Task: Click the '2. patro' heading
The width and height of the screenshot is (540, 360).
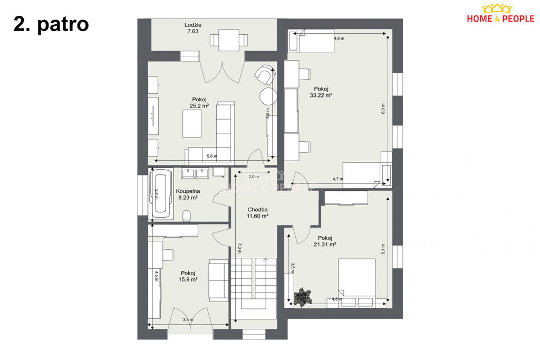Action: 51,24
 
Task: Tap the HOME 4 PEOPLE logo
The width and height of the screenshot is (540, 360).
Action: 500,14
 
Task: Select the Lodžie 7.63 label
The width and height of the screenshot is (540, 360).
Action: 193,28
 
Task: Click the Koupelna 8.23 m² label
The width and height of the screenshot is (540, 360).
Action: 188,194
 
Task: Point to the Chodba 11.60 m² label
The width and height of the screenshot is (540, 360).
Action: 257,213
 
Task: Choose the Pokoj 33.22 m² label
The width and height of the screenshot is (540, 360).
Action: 321,92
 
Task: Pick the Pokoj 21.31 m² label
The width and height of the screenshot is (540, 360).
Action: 325,241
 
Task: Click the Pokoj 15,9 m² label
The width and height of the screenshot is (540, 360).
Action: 188,276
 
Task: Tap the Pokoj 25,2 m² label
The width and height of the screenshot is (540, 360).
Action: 199,103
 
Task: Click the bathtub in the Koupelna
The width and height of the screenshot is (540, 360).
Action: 161,194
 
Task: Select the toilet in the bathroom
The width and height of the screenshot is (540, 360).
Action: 186,216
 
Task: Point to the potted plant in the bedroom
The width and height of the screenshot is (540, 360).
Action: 303,296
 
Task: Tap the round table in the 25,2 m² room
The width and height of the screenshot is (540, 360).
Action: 268,96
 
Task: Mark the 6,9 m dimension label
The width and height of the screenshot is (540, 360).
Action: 383,109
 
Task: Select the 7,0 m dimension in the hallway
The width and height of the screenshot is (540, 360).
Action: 239,248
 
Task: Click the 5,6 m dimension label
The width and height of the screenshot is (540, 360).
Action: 212,156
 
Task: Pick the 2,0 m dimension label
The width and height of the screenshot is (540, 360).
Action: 254,177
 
